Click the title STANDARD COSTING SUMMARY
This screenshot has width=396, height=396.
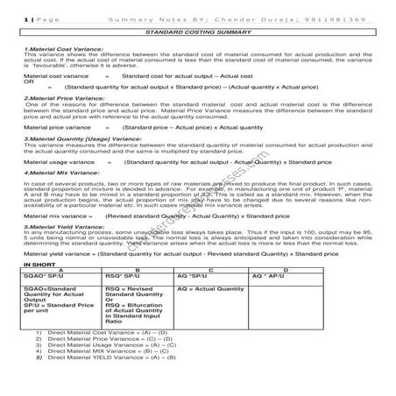pyautogui.click(x=198, y=31)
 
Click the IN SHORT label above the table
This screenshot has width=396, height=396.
pyautogui.click(x=39, y=263)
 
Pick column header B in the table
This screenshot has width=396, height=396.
pyautogui.click(x=138, y=268)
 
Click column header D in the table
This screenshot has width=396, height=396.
pyautogui.click(x=286, y=268)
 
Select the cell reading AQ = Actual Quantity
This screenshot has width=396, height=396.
pyautogui.click(x=210, y=287)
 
